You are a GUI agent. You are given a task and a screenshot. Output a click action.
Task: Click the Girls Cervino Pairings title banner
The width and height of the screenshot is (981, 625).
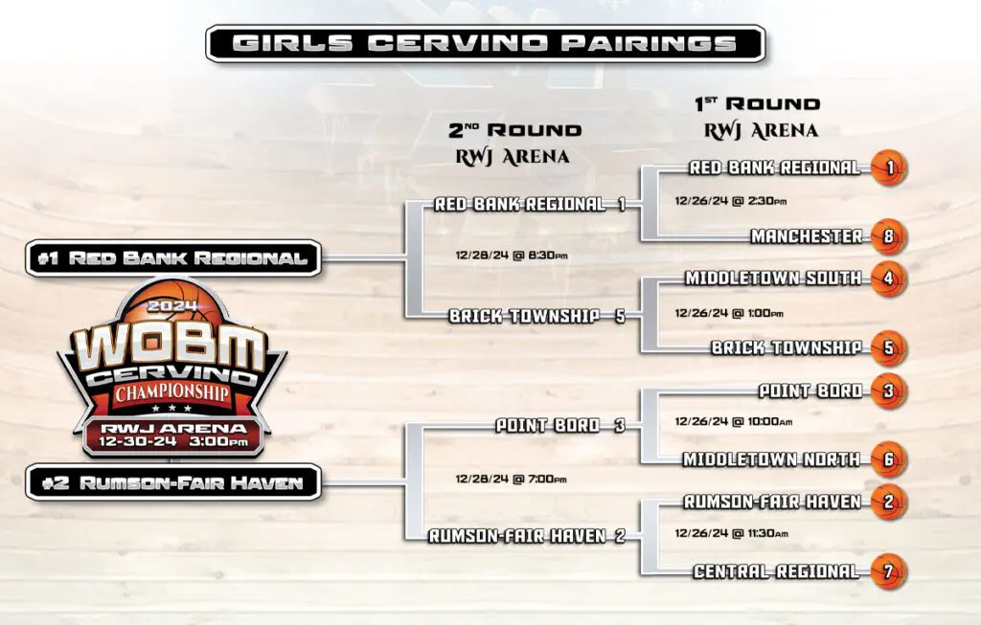[x=486, y=43]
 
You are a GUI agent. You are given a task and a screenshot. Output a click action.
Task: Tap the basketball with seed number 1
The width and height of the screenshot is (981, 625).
[x=889, y=168]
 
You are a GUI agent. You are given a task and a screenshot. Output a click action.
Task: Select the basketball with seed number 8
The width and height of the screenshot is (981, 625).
[x=889, y=236]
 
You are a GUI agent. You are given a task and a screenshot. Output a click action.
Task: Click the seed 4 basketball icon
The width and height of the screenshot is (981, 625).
[x=889, y=279]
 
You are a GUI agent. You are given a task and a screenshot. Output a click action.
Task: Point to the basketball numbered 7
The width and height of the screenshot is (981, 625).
[x=889, y=571]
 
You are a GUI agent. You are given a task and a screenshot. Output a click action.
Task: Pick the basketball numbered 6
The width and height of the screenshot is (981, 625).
[x=889, y=460]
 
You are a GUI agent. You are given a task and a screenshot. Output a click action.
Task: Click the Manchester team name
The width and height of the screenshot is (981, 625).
[x=807, y=236]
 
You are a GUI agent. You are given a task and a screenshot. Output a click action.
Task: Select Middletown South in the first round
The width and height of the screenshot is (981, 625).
[x=773, y=279]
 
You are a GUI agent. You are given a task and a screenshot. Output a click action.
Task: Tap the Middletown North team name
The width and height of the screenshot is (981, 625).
[x=771, y=460]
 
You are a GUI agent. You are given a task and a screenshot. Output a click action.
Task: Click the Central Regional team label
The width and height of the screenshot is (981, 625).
[x=776, y=571]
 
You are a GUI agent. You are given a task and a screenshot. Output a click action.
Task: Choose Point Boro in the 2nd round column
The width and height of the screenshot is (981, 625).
[x=547, y=426]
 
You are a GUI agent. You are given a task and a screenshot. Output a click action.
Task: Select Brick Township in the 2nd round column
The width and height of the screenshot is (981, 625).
[x=524, y=316]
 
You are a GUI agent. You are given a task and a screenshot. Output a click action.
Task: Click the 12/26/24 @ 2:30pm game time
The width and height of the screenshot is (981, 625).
[x=731, y=201]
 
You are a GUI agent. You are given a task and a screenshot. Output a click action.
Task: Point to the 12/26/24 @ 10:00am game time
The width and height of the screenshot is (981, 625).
[x=733, y=422]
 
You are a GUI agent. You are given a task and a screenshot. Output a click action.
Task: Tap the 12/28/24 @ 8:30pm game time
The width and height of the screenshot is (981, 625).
[x=512, y=255]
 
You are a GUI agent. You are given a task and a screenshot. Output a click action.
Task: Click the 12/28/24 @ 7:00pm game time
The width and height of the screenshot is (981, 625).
[x=512, y=480]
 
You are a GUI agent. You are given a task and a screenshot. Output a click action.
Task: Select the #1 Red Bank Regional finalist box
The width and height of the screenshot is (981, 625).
[x=173, y=258]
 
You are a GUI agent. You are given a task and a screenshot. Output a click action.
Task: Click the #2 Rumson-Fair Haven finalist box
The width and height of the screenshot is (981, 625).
[x=173, y=482]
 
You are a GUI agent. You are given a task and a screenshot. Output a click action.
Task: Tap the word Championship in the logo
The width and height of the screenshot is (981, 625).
[x=172, y=393]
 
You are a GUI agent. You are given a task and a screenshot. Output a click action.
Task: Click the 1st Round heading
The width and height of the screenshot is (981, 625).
[x=758, y=103]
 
